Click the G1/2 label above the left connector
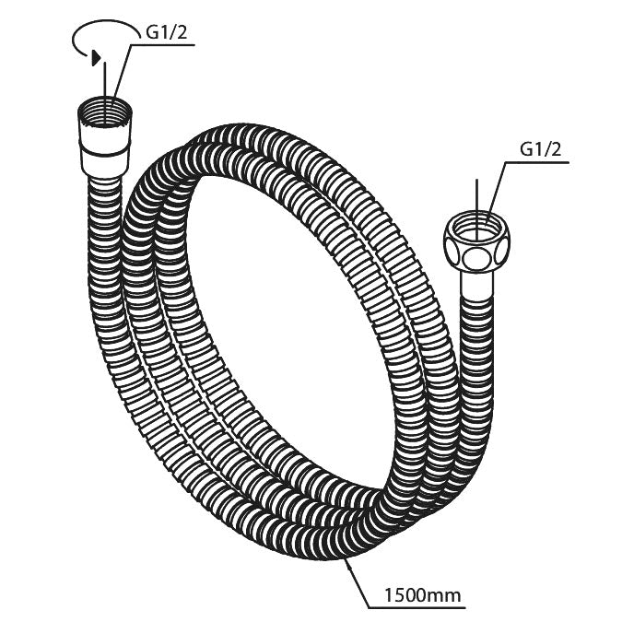pyautogui.click(x=169, y=33)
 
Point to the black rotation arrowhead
pyautogui.click(x=95, y=57)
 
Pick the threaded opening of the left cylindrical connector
pyautogui.click(x=106, y=116)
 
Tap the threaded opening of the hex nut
pyautogui.click(x=477, y=224)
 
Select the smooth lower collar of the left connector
pyautogui.click(x=103, y=157)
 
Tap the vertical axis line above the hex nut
pyautogui.click(x=476, y=195)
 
